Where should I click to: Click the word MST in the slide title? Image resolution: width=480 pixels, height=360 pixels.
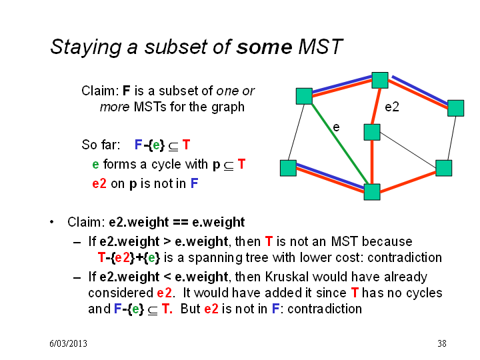[x=320, y=47]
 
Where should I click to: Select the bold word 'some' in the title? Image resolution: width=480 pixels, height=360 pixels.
[x=264, y=47]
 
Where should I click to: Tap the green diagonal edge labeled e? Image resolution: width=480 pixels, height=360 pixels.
[x=340, y=144]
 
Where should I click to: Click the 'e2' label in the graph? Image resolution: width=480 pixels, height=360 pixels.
[x=392, y=107]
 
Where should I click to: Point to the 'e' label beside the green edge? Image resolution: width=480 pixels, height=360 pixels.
[x=336, y=127]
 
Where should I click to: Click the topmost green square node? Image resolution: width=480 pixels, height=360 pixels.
[x=380, y=80]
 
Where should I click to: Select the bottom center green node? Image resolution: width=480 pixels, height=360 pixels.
[x=372, y=192]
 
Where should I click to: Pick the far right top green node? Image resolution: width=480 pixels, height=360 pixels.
[x=455, y=108]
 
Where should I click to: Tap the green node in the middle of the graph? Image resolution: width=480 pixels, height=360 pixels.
[x=372, y=132]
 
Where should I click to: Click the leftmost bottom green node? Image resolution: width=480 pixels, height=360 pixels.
[x=288, y=168]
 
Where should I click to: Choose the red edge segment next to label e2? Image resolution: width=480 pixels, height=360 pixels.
[x=376, y=106]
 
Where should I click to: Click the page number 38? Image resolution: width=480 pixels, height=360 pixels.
[x=442, y=343]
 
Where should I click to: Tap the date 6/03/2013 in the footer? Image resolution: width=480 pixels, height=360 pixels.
[x=68, y=343]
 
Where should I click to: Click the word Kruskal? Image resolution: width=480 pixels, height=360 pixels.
[x=287, y=277]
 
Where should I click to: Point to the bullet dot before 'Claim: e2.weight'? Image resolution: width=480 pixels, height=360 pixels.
[x=52, y=222]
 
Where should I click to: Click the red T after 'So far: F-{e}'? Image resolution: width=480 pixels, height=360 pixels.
[x=186, y=145]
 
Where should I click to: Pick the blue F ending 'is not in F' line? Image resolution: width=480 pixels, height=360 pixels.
[x=195, y=183]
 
